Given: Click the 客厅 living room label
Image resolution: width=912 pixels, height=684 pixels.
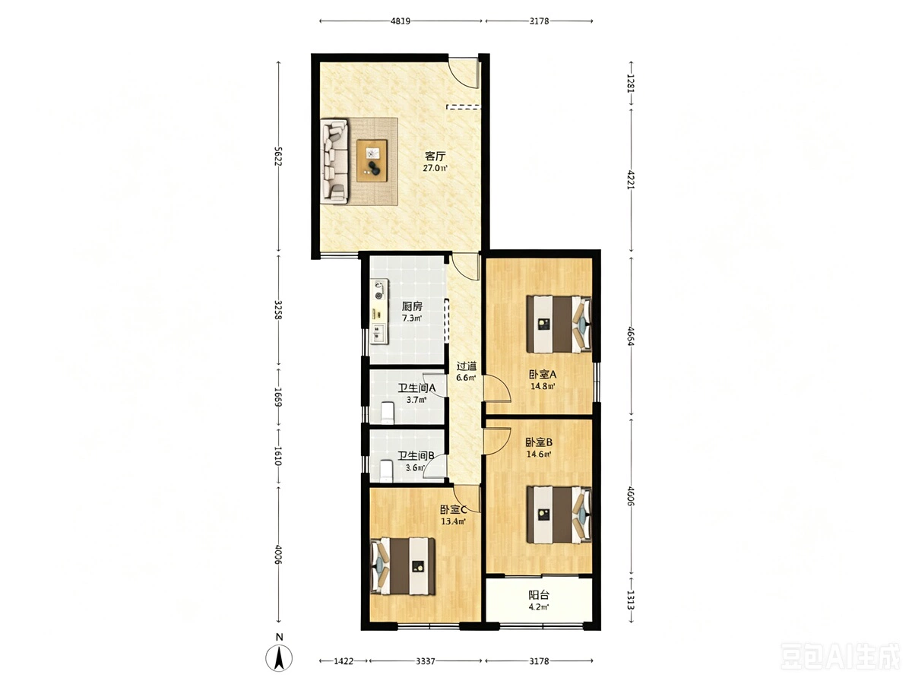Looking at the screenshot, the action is [x=435, y=156].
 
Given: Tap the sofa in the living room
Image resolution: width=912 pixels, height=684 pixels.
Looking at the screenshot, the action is [x=334, y=162].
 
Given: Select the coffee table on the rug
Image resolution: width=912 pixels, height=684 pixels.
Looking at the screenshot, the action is [x=372, y=160].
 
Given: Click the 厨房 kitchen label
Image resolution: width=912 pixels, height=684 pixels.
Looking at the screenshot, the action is [x=412, y=306].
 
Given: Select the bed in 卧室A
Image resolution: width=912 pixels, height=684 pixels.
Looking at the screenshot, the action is [x=558, y=324].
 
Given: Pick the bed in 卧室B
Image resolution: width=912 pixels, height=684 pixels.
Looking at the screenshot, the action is [x=558, y=515].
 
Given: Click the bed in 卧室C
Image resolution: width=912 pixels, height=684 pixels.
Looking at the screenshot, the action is [x=403, y=566].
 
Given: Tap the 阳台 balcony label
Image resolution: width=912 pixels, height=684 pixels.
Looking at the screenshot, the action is [x=539, y=595].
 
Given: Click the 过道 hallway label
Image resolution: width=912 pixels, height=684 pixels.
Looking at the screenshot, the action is [x=467, y=366].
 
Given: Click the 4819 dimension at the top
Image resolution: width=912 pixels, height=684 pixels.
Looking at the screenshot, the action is [x=400, y=21].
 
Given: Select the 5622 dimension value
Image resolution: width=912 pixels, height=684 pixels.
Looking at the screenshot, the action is [x=278, y=156].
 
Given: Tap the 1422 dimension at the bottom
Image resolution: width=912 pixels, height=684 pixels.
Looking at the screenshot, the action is [x=344, y=660].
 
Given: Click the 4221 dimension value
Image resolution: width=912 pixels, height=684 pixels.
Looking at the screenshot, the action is [x=631, y=179].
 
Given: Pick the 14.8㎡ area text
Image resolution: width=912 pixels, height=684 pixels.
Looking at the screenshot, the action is [x=543, y=386].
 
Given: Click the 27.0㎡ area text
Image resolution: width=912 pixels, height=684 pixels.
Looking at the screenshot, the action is [x=435, y=168].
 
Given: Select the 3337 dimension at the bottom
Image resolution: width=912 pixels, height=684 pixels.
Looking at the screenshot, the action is [x=425, y=660].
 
